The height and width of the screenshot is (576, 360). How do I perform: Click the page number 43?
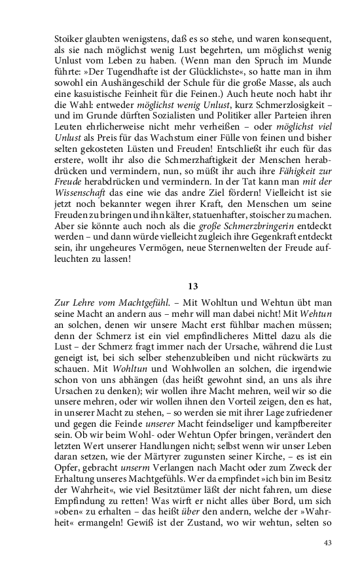click(328, 543)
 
